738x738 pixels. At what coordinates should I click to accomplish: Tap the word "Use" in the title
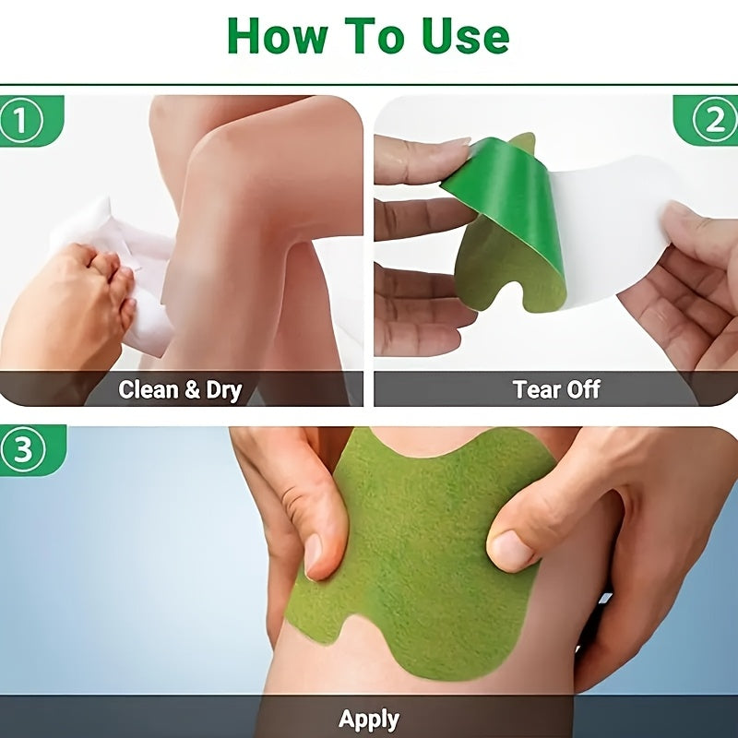(463, 37)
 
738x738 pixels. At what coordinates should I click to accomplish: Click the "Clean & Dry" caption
(180, 389)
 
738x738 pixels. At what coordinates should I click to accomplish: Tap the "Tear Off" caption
(556, 389)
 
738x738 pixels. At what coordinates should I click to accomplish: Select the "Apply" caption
(369, 719)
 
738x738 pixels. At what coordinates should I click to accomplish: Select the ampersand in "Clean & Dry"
(192, 389)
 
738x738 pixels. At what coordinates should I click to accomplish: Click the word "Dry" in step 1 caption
(223, 389)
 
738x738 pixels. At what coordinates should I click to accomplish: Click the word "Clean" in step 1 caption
(149, 389)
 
